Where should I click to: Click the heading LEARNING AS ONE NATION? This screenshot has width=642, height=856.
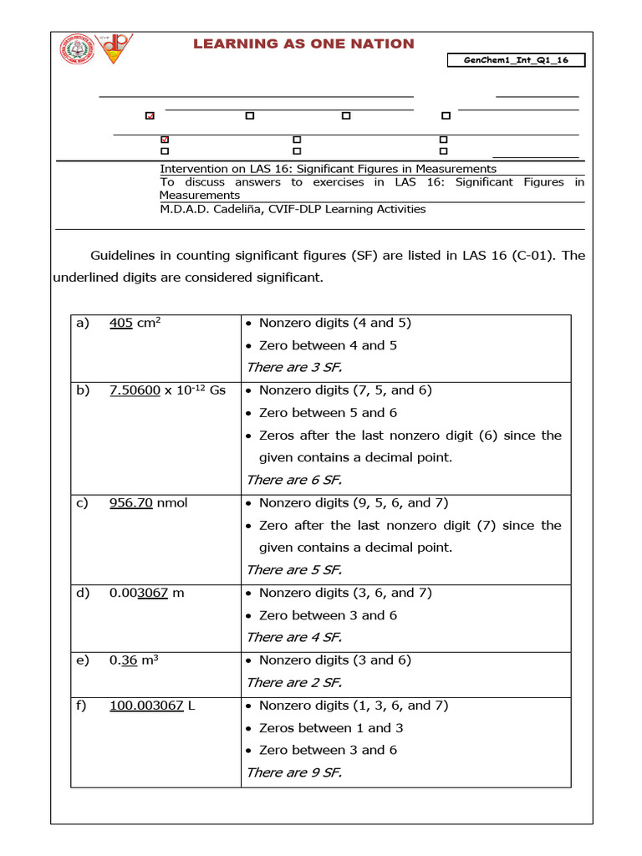pyautogui.click(x=303, y=43)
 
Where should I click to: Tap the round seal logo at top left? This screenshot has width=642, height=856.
pyautogui.click(x=77, y=48)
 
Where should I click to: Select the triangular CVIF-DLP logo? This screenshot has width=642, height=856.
pyautogui.click(x=113, y=48)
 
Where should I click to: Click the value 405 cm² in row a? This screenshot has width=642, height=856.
pyautogui.click(x=135, y=323)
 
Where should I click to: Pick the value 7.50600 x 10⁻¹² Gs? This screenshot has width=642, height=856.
pyautogui.click(x=167, y=390)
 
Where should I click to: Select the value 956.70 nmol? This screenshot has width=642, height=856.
pyautogui.click(x=148, y=503)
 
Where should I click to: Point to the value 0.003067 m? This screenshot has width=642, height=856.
pyautogui.click(x=146, y=593)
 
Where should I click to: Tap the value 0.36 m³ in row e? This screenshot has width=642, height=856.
pyautogui.click(x=134, y=660)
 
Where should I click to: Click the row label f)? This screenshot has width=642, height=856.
pyautogui.click(x=81, y=706)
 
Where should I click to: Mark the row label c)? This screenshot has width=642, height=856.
pyautogui.click(x=81, y=503)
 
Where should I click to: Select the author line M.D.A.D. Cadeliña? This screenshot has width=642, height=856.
pyautogui.click(x=293, y=209)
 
